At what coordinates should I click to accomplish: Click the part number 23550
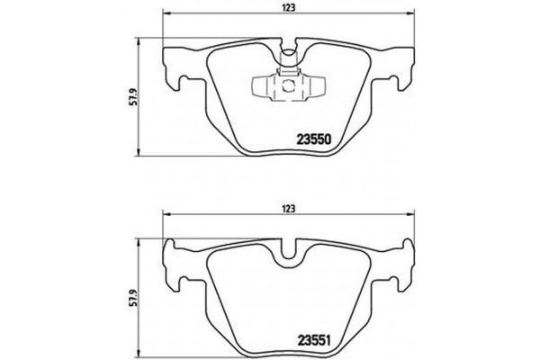coord(316,139)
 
